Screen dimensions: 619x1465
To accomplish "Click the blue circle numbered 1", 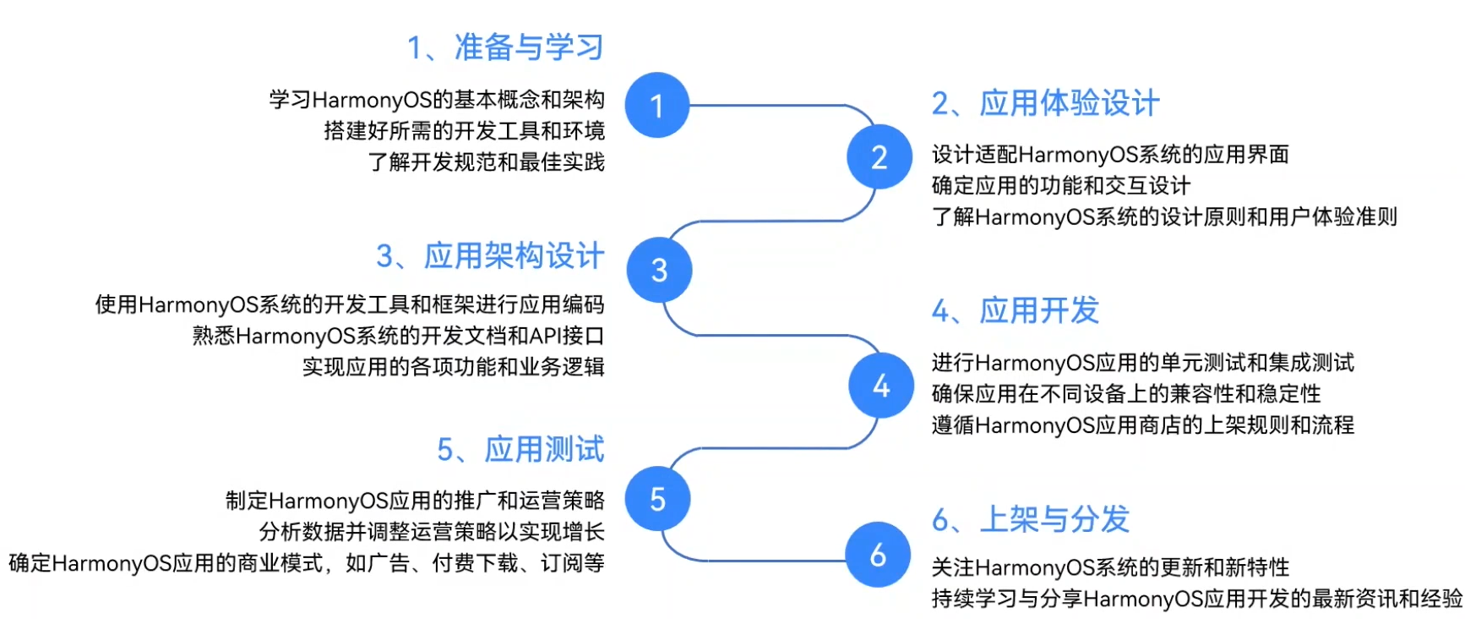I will pyautogui.click(x=657, y=106).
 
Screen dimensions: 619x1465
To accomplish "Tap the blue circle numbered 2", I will pyautogui.click(x=880, y=157).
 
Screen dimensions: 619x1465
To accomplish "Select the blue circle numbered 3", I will pyautogui.click(x=659, y=271).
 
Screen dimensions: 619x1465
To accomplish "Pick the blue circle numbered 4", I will pyautogui.click(x=881, y=386).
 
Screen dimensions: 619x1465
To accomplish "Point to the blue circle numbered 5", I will pyautogui.click(x=657, y=499).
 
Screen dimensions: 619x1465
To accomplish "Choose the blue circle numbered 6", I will pyautogui.click(x=879, y=555).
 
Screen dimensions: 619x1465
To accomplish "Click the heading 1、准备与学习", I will pyautogui.click(x=505, y=47).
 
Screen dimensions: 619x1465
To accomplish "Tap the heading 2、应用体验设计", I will pyautogui.click(x=1045, y=103).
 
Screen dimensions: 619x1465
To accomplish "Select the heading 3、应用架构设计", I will pyautogui.click(x=490, y=255).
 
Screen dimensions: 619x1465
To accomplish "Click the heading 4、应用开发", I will pyautogui.click(x=1015, y=310).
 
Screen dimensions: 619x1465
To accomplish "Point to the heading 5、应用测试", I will pyautogui.click(x=520, y=449).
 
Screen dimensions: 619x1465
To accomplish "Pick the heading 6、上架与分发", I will pyautogui.click(x=1030, y=518).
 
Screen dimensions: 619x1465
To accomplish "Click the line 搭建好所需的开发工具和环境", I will pyautogui.click(x=464, y=130).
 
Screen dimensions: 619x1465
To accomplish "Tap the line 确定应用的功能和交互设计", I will pyautogui.click(x=1061, y=185).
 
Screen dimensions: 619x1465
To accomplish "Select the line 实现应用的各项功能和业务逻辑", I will pyautogui.click(x=453, y=366).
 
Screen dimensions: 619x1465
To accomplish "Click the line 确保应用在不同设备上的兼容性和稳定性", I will pyautogui.click(x=1125, y=393).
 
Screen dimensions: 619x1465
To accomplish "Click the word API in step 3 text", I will pyautogui.click(x=546, y=336).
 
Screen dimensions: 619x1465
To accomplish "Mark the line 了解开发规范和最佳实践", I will pyautogui.click(x=486, y=162).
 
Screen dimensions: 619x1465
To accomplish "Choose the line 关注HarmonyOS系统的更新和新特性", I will pyautogui.click(x=1110, y=567).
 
